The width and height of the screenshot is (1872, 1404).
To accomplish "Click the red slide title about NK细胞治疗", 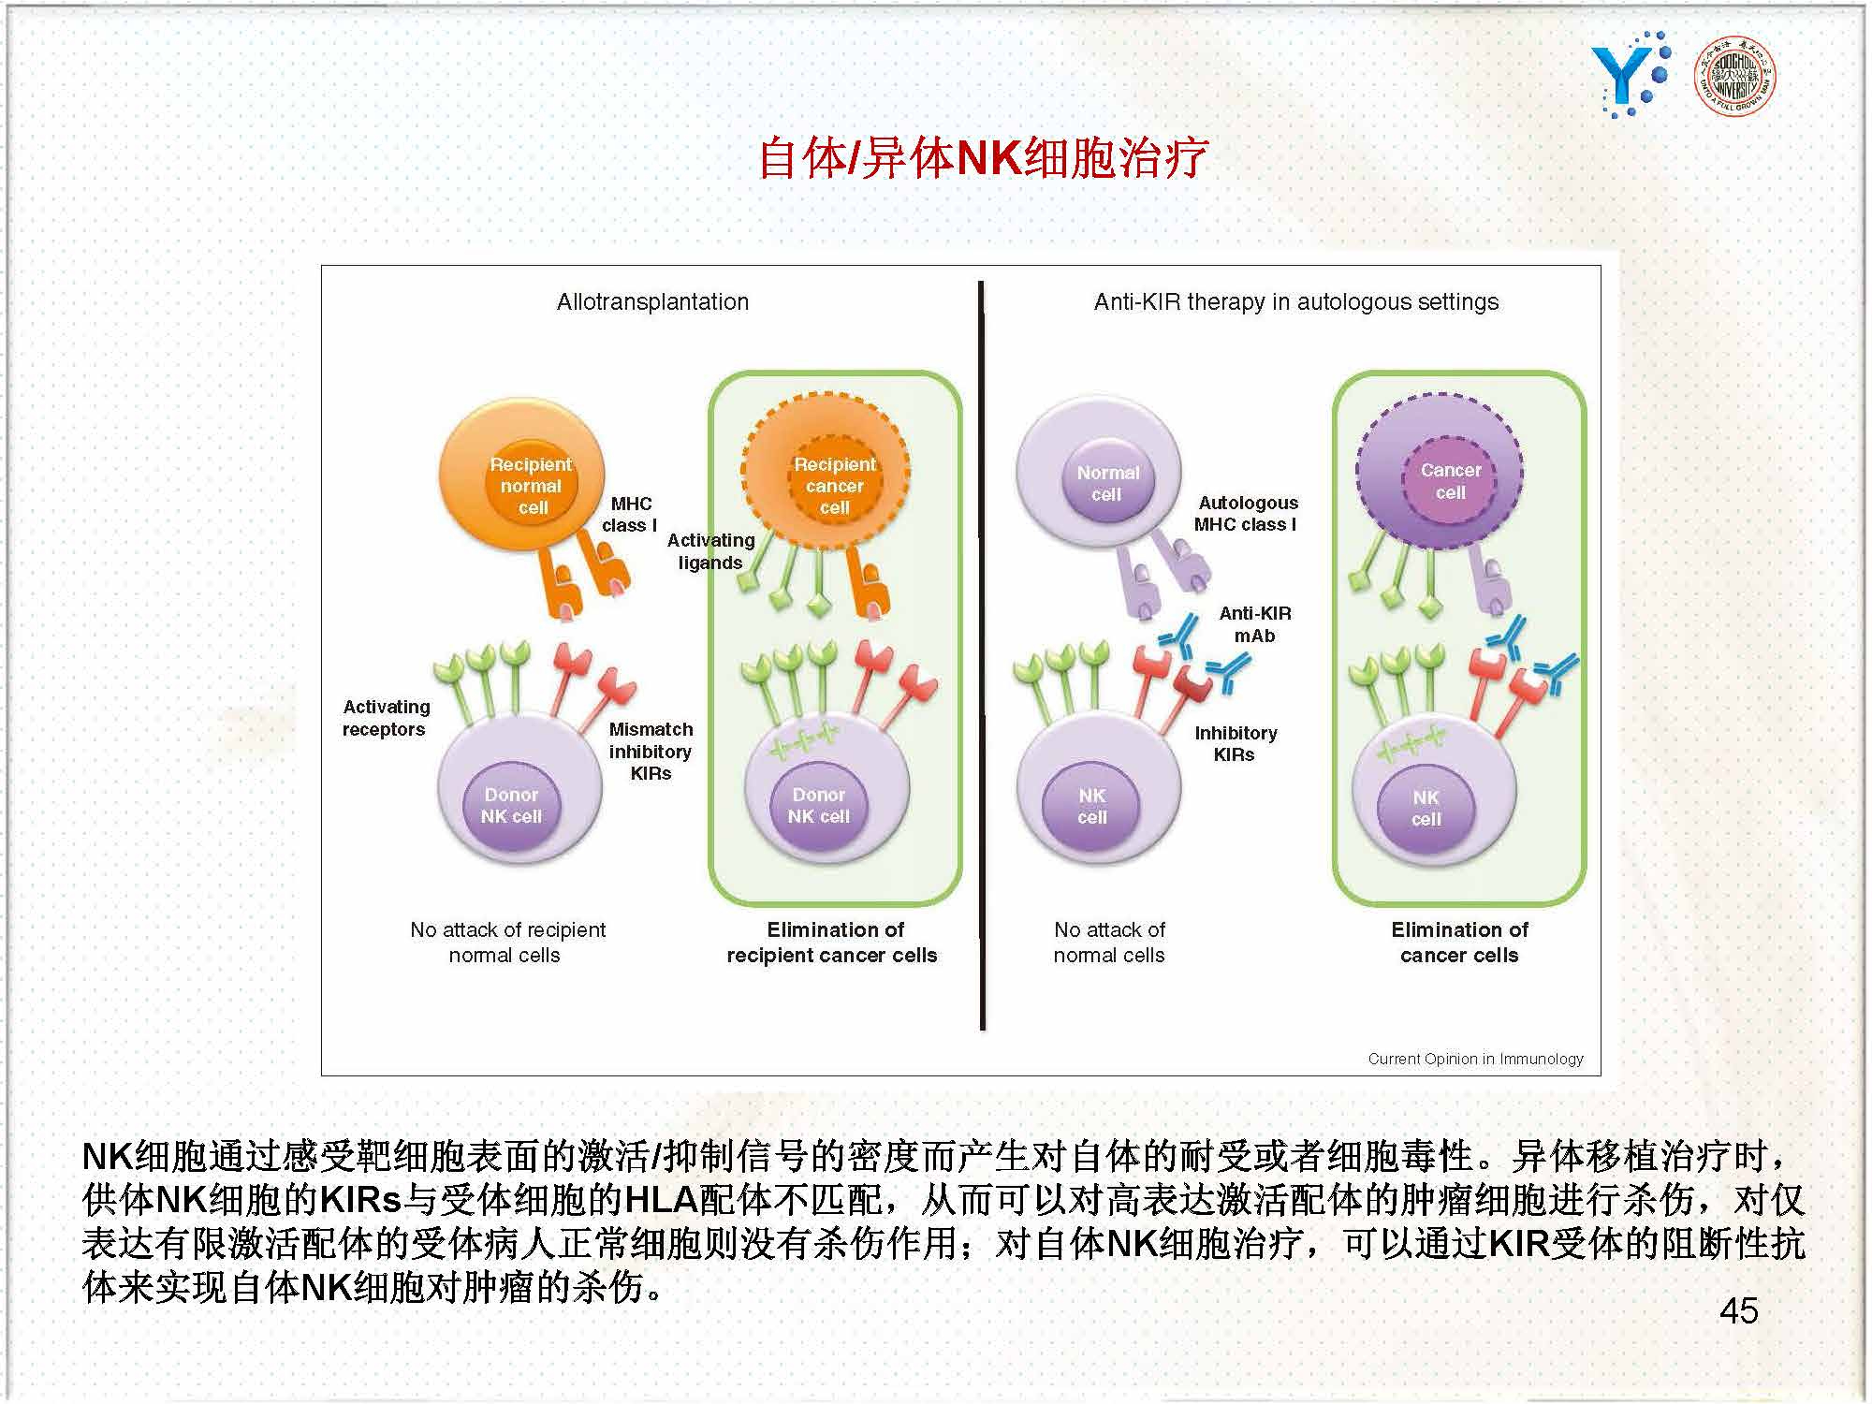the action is pos(983,157).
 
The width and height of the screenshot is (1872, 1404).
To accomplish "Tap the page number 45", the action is pos(1739,1310).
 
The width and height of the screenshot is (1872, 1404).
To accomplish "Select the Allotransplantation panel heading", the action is pos(652,301).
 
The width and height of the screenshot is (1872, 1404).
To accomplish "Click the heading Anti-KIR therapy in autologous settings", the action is pos(1296,301).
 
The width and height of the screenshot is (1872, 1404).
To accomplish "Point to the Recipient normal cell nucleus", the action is pos(531,486).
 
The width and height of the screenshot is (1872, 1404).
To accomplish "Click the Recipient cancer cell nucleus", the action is pos(835,485).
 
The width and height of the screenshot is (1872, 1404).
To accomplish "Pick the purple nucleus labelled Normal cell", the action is pos(1107,483).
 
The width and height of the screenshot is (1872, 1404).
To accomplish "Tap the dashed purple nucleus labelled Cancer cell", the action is pos(1450,481).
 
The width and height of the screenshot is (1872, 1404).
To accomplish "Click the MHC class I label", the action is pos(630,514).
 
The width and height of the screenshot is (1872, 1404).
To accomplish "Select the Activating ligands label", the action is pos(710,550).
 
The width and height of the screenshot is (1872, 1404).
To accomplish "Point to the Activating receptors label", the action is pos(386,717).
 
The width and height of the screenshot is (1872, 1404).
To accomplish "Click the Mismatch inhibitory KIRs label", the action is pos(651,751).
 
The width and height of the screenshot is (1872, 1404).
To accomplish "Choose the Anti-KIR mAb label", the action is pos(1254,624).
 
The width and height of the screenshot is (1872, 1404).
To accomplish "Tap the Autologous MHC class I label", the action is pos(1247,513).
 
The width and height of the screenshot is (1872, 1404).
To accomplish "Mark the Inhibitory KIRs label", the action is pos(1236,743).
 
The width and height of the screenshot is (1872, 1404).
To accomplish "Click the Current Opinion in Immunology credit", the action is pos(1475,1058).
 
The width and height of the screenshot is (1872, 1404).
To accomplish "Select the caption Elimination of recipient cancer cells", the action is pos(832,942).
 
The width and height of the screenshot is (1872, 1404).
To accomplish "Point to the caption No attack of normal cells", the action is pos(1109,942).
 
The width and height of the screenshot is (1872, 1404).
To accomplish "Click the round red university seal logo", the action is pos(1735,76).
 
